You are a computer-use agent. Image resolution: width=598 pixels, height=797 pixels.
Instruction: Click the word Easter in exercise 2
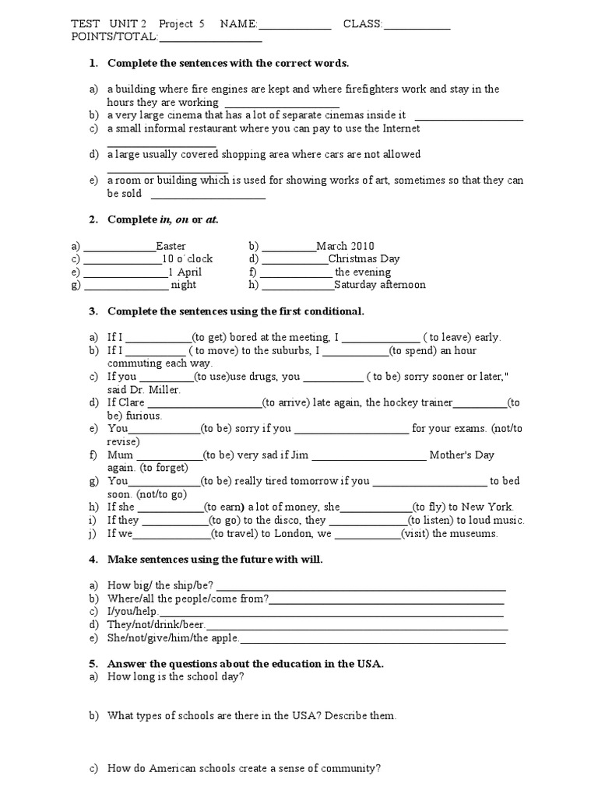(x=171, y=246)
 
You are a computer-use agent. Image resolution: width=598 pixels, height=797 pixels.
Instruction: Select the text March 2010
(x=346, y=246)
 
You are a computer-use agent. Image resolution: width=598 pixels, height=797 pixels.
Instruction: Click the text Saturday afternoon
(x=380, y=285)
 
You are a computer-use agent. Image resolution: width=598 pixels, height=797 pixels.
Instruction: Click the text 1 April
(x=185, y=272)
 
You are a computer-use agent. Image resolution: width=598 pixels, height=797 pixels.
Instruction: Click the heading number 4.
(x=92, y=560)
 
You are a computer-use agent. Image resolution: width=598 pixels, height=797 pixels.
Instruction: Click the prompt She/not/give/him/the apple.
(x=173, y=638)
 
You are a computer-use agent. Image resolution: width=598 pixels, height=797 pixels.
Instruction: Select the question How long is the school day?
(x=176, y=677)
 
